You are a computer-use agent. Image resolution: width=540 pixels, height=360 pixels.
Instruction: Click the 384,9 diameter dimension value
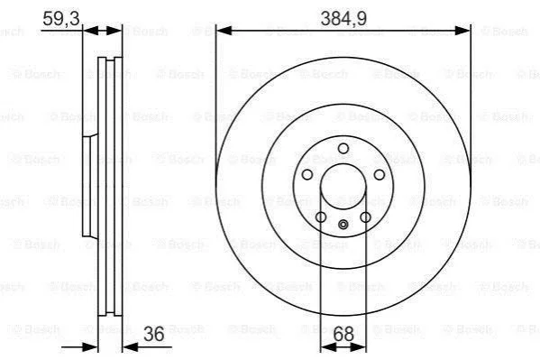click(x=343, y=19)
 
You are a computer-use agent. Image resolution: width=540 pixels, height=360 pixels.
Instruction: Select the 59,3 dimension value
click(x=61, y=18)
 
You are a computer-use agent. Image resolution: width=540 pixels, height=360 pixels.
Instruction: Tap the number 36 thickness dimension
click(x=153, y=334)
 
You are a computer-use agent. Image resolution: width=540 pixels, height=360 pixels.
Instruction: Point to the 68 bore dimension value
click(x=343, y=334)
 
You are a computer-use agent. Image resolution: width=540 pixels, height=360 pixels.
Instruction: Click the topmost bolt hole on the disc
click(x=343, y=149)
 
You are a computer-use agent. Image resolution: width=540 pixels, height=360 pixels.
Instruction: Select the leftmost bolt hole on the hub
click(x=307, y=174)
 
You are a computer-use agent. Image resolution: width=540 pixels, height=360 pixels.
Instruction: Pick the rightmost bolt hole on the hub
click(x=380, y=174)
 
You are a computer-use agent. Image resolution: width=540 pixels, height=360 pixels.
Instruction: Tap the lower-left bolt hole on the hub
click(x=321, y=217)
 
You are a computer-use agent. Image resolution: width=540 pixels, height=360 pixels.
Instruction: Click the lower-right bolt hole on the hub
click(x=365, y=217)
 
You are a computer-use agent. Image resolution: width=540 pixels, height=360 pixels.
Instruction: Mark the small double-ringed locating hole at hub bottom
click(x=343, y=225)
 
